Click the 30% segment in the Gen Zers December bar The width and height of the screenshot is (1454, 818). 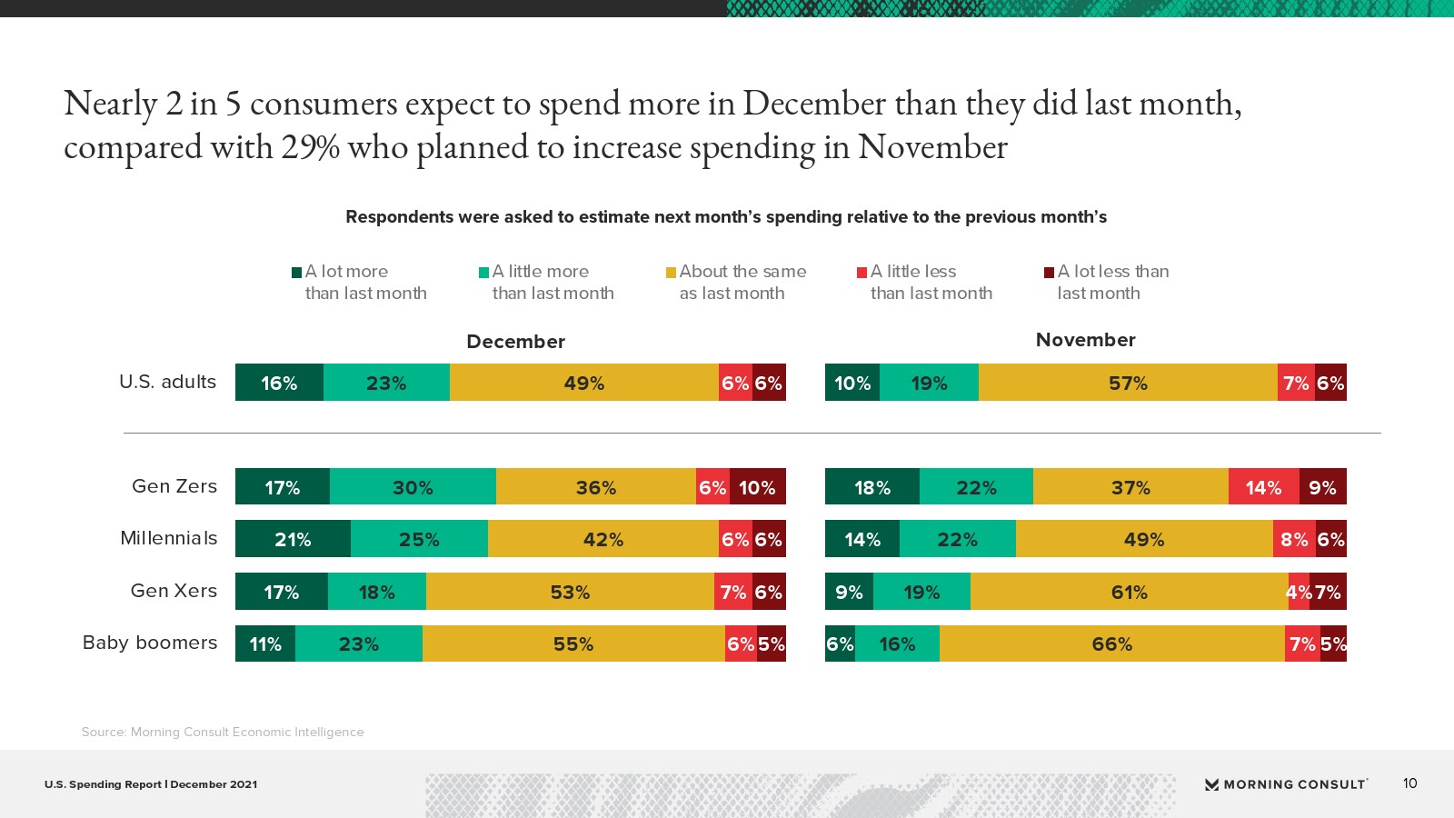[x=413, y=487]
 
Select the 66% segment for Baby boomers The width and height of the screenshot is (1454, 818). [x=1111, y=643]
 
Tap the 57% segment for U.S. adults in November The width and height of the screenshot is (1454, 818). [x=1128, y=383]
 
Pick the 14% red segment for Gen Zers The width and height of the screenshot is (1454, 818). [x=1263, y=487]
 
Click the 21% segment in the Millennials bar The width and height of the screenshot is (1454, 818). [x=293, y=539]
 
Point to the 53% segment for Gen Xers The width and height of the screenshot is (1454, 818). [x=570, y=592]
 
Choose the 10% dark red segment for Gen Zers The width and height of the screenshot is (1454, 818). [x=757, y=487]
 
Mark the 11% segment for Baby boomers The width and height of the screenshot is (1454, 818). [x=265, y=643]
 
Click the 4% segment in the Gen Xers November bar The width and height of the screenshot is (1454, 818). [x=1298, y=592]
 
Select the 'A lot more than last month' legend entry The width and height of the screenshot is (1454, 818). [x=359, y=282]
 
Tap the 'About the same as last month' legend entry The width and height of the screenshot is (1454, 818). [x=736, y=282]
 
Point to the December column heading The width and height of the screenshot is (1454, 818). [x=515, y=341]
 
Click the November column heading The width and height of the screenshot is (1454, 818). [x=1085, y=339]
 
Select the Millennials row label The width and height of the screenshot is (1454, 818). [x=169, y=538]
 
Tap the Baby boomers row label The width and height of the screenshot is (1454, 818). [x=150, y=643]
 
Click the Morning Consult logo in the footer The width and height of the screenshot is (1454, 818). [x=1286, y=783]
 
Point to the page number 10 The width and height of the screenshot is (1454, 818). [x=1409, y=783]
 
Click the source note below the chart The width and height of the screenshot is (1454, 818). [x=223, y=732]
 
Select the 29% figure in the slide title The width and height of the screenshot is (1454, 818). [x=310, y=147]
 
